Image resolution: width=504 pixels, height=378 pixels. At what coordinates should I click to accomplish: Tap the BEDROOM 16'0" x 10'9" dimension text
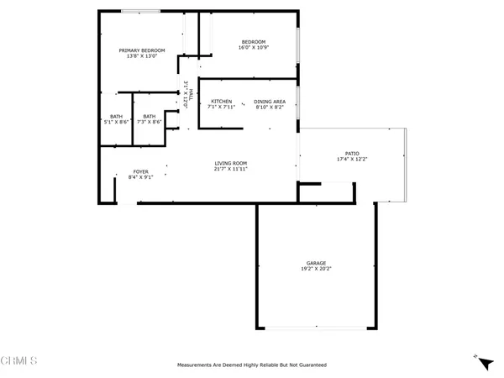pyautogui.click(x=253, y=48)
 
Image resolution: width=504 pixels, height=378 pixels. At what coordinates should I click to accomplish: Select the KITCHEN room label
pyautogui.click(x=221, y=101)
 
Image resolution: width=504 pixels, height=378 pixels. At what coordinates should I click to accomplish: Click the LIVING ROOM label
pyautogui.click(x=229, y=163)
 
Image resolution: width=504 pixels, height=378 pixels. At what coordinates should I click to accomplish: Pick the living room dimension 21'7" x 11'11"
pyautogui.click(x=229, y=169)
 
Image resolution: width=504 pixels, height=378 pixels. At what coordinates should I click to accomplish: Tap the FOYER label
pyautogui.click(x=140, y=171)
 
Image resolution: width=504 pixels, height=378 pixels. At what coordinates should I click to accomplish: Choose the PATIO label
pyautogui.click(x=353, y=153)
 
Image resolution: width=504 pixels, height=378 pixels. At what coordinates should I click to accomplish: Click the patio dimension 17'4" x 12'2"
pyautogui.click(x=353, y=159)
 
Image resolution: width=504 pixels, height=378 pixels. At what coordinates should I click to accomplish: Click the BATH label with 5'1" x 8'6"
pyautogui.click(x=116, y=117)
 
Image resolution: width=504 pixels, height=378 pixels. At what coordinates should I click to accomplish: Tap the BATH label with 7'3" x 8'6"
pyautogui.click(x=149, y=117)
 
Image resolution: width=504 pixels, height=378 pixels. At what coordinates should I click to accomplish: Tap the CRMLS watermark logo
pyautogui.click(x=19, y=361)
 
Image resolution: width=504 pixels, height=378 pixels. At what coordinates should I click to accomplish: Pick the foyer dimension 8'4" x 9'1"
pyautogui.click(x=140, y=177)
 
